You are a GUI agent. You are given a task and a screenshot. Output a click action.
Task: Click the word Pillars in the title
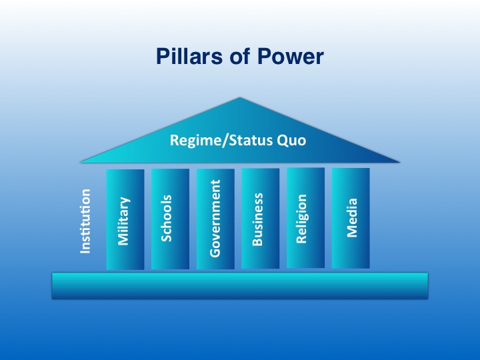[x=189, y=56]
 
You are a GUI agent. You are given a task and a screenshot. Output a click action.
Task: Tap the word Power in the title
[x=290, y=57]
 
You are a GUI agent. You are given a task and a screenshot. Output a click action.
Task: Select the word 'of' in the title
[x=240, y=56]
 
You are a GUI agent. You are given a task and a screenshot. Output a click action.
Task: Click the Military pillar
[x=125, y=219]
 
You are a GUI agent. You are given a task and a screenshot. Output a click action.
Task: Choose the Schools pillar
[x=170, y=219]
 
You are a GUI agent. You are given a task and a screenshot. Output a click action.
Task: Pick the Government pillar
[x=215, y=219]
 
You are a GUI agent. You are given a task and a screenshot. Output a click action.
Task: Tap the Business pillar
[x=261, y=218]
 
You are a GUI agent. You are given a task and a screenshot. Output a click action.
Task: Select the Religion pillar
[x=305, y=217]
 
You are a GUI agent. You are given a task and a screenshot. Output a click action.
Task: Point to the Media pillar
[x=351, y=218]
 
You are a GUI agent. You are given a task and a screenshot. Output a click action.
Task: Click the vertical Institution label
[x=85, y=221]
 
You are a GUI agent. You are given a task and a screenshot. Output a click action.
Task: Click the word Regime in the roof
[x=197, y=141]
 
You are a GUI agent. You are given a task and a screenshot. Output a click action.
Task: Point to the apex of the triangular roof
[x=240, y=97]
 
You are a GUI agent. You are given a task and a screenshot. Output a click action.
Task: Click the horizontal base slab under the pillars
[x=240, y=285]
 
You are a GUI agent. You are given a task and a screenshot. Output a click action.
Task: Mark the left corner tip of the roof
[x=81, y=162]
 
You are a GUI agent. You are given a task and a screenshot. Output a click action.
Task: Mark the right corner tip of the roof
[x=399, y=162]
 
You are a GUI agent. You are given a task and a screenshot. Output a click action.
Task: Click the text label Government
[x=215, y=218]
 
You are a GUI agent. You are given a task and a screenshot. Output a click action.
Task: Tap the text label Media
[x=352, y=217]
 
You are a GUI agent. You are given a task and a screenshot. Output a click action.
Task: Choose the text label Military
[x=124, y=221]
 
